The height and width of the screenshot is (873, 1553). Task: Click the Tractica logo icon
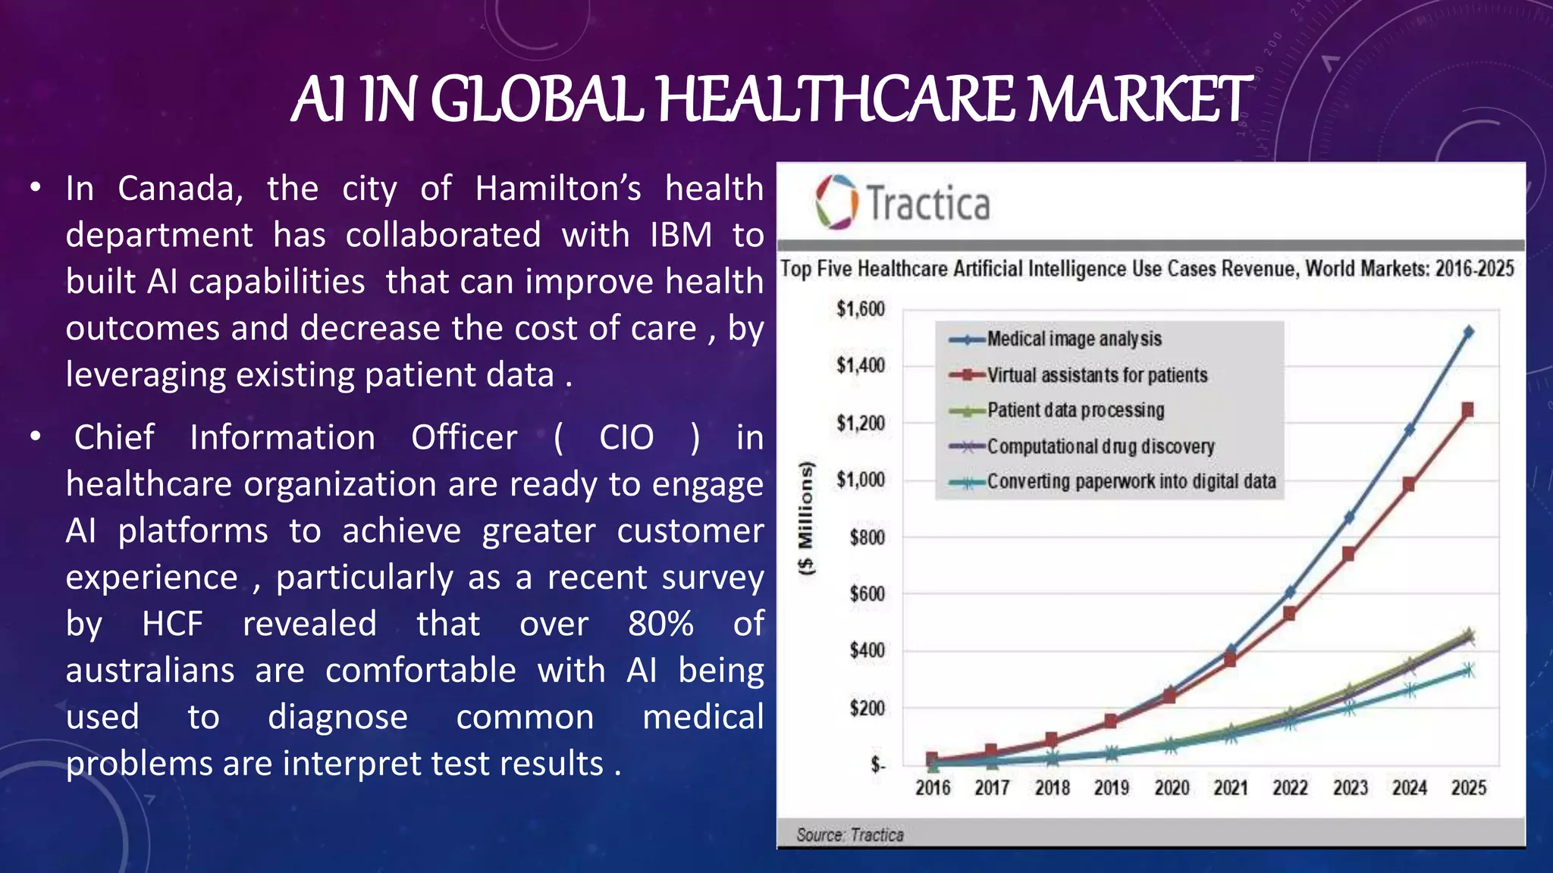click(x=837, y=202)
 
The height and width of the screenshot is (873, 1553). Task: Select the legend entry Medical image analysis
click(x=1074, y=339)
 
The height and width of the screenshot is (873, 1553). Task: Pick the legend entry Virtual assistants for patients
click(x=1097, y=375)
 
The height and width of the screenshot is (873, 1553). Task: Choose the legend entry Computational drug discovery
click(x=1100, y=446)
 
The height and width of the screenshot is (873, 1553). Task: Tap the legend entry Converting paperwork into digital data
click(x=1131, y=482)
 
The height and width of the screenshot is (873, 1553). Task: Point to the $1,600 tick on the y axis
click(x=861, y=309)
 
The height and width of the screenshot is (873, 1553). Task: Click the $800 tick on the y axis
click(x=867, y=537)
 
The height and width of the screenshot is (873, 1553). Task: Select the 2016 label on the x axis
click(x=933, y=788)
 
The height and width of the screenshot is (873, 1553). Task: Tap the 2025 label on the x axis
click(x=1469, y=788)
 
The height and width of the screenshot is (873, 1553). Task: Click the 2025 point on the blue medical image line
click(x=1469, y=332)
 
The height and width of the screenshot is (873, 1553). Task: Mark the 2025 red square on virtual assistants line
click(x=1468, y=410)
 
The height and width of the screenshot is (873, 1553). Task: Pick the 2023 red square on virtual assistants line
click(x=1349, y=554)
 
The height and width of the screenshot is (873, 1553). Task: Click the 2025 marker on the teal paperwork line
click(x=1469, y=670)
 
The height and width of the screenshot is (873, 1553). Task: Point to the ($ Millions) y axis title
click(x=807, y=518)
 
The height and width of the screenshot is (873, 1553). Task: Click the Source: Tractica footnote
click(x=850, y=835)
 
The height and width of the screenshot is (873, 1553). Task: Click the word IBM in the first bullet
click(x=681, y=235)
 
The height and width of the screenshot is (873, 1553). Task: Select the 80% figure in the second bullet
click(x=660, y=624)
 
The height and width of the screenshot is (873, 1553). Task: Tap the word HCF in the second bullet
click(x=172, y=624)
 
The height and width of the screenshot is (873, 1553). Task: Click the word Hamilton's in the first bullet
click(x=558, y=188)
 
